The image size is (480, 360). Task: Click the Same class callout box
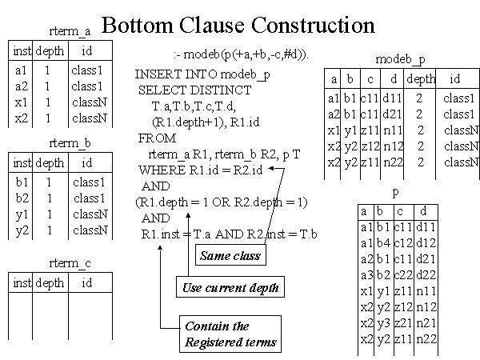[x=230, y=255]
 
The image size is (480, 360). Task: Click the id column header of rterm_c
[x=86, y=282]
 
